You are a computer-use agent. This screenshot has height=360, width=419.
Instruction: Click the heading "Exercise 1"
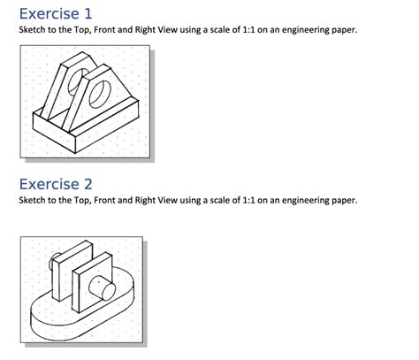55,14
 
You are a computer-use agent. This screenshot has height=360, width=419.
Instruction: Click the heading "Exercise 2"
55,184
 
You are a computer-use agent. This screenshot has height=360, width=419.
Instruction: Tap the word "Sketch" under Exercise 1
33,31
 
